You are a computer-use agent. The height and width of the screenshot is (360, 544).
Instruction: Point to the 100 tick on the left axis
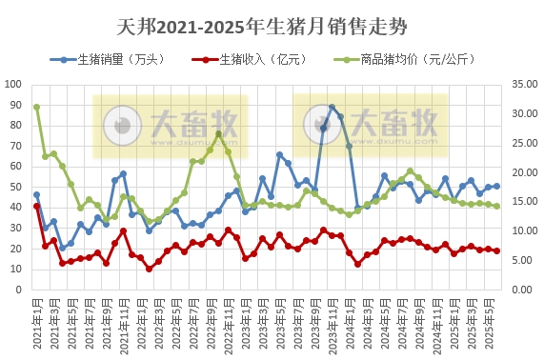pos(18,84)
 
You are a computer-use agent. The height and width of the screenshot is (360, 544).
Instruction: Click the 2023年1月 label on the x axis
pos(244,324)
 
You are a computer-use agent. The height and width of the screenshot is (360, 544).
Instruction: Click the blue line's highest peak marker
pos(332,108)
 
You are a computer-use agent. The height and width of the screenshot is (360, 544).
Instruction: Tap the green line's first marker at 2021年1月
pos(36,107)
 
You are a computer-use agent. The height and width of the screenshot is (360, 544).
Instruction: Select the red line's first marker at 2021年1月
pos(36,206)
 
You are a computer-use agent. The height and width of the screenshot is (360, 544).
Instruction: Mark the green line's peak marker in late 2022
pos(219,133)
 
